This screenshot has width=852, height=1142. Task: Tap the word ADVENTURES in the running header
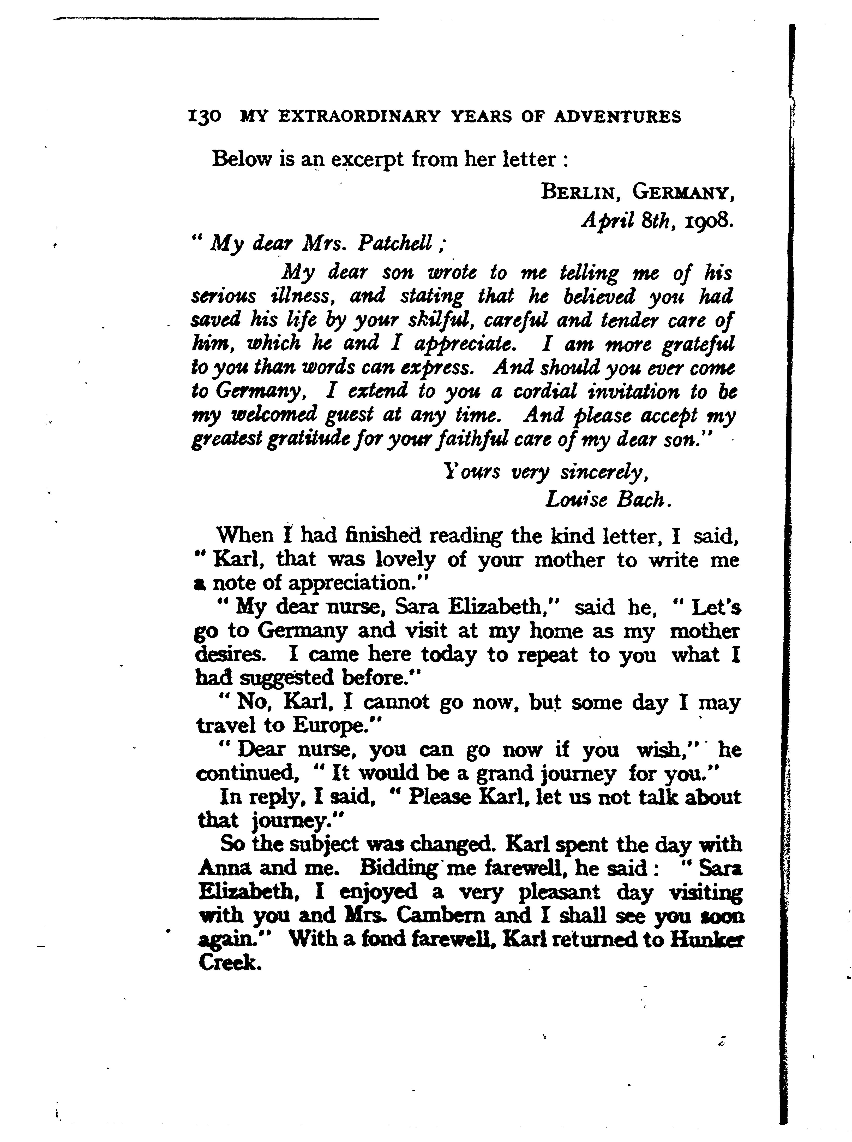[617, 117]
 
